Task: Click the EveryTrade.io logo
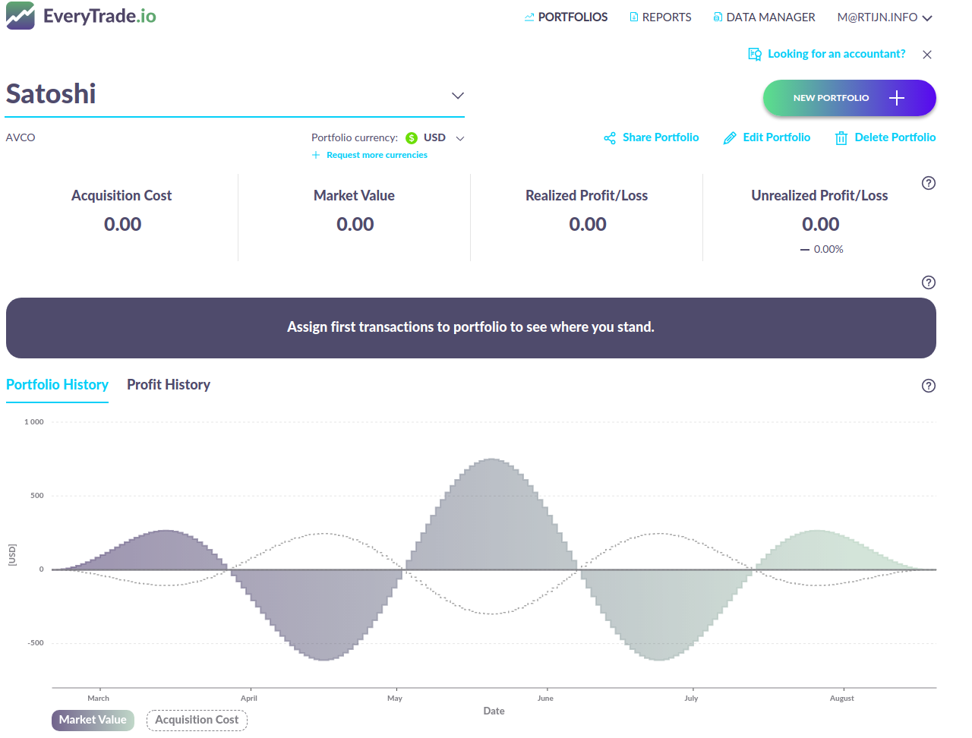click(x=80, y=16)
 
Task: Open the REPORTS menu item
click(x=660, y=17)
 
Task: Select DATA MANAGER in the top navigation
click(x=764, y=17)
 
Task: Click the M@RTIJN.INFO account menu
click(x=884, y=17)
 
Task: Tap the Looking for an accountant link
click(x=828, y=54)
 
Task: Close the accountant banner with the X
click(x=927, y=55)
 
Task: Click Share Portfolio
click(x=652, y=137)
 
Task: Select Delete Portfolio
click(x=885, y=137)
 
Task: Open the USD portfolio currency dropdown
click(x=435, y=137)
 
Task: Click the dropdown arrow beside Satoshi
click(x=457, y=96)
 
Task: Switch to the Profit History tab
click(x=169, y=385)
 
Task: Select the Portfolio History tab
click(x=57, y=385)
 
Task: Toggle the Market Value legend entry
click(x=93, y=720)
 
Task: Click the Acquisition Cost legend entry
click(x=197, y=720)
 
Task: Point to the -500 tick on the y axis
click(x=36, y=643)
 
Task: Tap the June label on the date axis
click(x=545, y=699)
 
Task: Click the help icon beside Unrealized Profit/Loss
click(x=928, y=183)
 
